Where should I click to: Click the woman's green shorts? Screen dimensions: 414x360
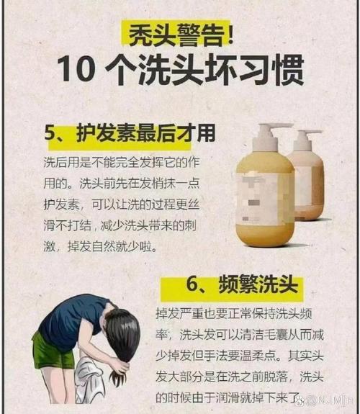pos(54,350)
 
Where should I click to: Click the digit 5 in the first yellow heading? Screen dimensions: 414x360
pos(50,134)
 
